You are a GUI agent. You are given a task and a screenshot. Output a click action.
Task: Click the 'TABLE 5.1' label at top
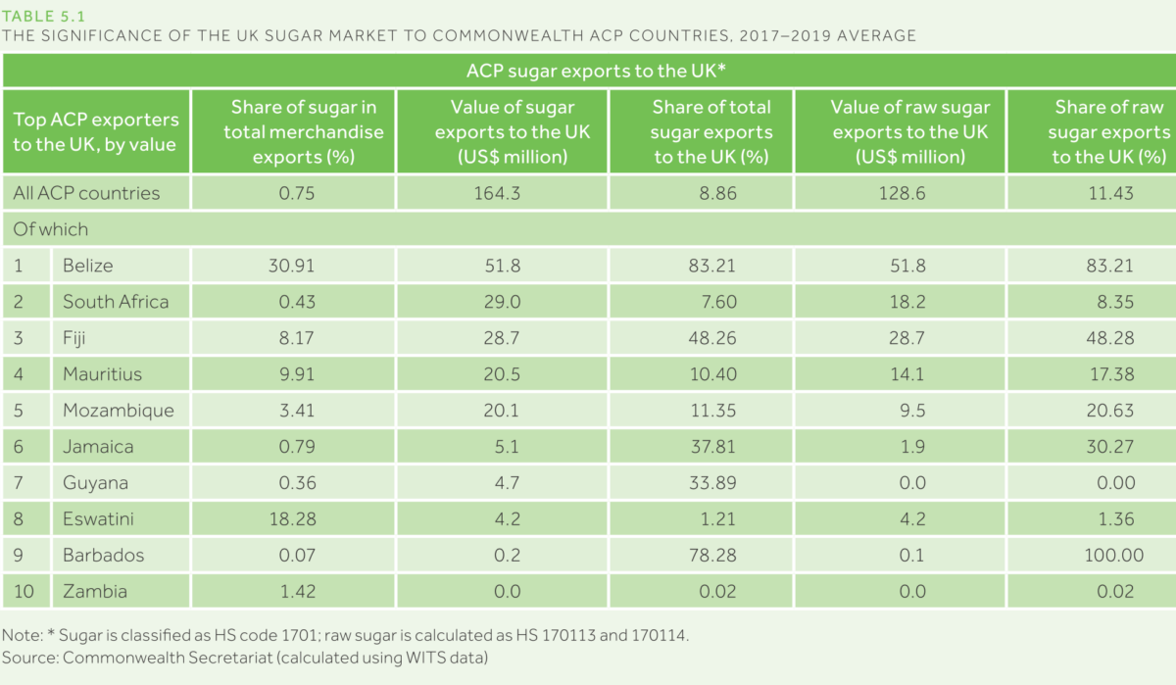click(42, 14)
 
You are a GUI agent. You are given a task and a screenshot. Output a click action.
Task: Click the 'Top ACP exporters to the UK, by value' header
click(95, 131)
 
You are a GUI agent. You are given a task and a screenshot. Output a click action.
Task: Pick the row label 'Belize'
click(87, 266)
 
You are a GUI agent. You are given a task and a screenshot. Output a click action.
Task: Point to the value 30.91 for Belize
click(291, 266)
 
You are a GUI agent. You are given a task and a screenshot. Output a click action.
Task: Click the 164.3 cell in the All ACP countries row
click(501, 193)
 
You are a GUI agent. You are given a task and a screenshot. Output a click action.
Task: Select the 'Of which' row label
click(51, 229)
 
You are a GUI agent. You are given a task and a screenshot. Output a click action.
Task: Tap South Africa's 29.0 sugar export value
click(501, 302)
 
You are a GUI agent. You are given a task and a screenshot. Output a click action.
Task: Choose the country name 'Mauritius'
click(102, 374)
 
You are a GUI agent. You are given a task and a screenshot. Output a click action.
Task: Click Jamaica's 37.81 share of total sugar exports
click(711, 447)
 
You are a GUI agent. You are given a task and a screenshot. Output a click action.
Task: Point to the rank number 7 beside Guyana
click(19, 483)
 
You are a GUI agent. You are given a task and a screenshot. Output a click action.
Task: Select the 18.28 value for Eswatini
click(291, 519)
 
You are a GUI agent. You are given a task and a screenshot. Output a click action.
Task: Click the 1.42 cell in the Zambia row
click(291, 592)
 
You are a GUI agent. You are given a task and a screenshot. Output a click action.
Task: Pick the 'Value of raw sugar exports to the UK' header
click(910, 131)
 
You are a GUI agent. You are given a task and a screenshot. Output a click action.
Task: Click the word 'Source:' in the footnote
click(29, 657)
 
